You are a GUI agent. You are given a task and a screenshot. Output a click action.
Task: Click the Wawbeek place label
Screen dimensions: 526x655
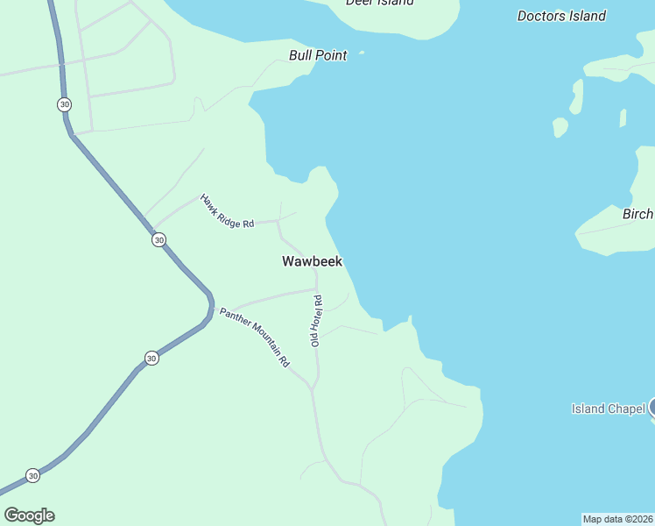click(312, 261)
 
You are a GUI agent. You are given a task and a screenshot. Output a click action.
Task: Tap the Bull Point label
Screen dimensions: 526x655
click(318, 55)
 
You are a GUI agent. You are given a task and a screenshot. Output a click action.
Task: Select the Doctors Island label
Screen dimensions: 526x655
click(561, 16)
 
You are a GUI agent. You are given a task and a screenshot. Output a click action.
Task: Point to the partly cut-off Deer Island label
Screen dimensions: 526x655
click(379, 3)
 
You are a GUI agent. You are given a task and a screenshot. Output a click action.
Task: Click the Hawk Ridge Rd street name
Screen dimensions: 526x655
click(227, 211)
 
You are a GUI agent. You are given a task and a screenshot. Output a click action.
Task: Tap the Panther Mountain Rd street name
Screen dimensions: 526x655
click(254, 337)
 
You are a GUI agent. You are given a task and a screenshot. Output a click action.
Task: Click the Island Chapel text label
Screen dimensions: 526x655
click(608, 409)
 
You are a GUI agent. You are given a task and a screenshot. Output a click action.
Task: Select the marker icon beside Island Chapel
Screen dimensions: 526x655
click(651, 407)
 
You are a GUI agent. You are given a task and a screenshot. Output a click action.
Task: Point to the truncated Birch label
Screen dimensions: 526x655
click(637, 215)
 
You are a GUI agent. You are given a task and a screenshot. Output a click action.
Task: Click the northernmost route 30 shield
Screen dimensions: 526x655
click(64, 104)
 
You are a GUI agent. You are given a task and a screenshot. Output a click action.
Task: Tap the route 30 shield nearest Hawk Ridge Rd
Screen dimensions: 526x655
click(158, 239)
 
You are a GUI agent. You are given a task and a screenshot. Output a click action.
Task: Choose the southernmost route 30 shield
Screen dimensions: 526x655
click(32, 475)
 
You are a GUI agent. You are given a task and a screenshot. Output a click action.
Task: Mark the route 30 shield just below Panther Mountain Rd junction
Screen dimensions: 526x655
click(151, 358)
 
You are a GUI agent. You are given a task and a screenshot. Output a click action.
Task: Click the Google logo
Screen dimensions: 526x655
click(29, 515)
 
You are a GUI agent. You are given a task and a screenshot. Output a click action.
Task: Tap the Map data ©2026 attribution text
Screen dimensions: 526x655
click(617, 519)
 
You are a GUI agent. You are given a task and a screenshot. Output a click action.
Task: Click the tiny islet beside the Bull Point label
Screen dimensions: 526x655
click(362, 53)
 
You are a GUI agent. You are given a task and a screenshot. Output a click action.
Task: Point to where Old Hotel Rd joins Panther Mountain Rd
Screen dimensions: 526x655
click(313, 387)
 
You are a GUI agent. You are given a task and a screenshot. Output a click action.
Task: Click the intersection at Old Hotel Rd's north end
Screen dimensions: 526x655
click(315, 288)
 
